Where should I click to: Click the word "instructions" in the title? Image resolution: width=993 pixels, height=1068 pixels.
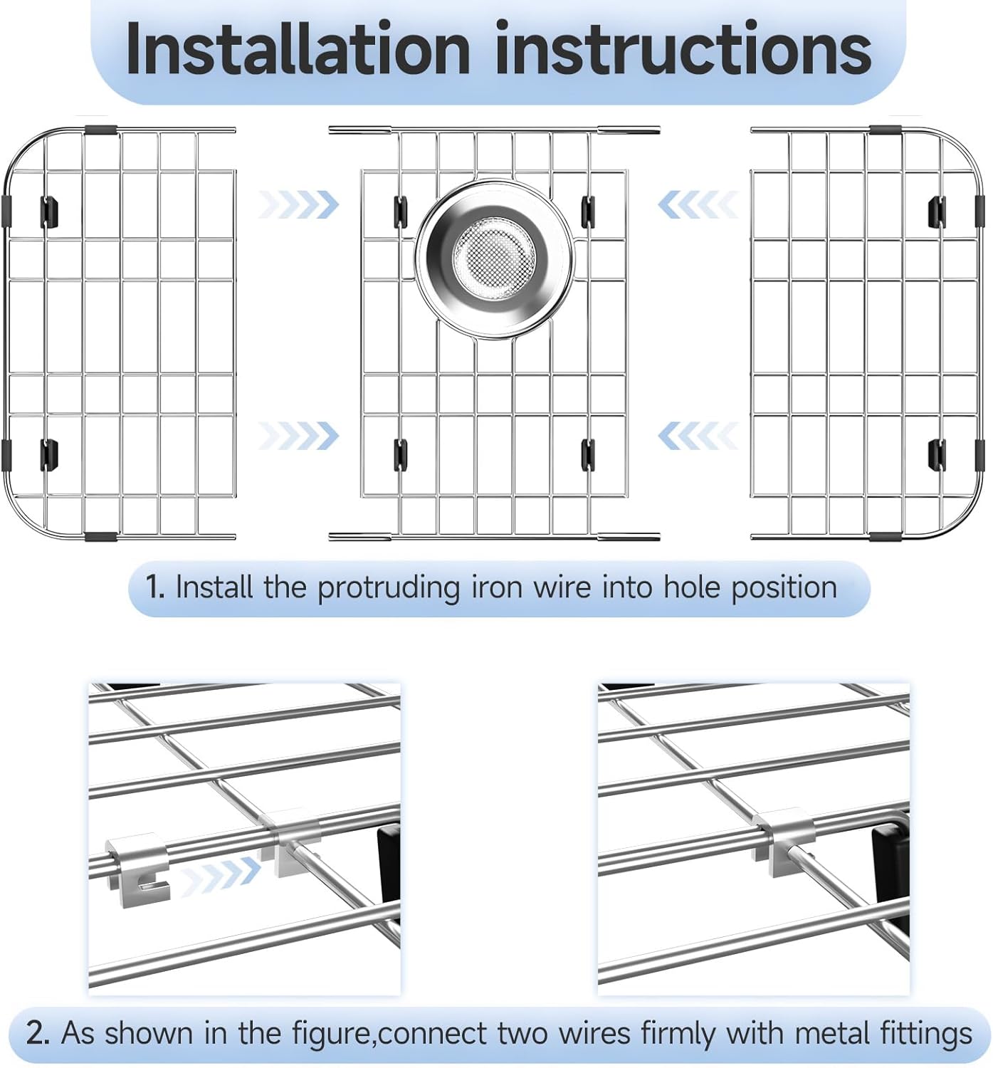tap(683, 48)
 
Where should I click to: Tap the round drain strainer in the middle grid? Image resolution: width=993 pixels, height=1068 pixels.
tap(495, 257)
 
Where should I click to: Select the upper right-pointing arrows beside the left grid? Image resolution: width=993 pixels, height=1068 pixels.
tap(298, 205)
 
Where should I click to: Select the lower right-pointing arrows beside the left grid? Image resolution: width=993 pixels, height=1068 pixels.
tap(298, 436)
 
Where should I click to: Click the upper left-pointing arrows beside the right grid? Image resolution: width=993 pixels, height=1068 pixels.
tap(697, 206)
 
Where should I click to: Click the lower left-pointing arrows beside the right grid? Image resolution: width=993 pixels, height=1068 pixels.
tap(697, 436)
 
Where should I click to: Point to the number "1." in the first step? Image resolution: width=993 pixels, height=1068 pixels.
tap(155, 587)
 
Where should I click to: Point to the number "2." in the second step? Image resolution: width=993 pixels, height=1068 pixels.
tap(38, 1032)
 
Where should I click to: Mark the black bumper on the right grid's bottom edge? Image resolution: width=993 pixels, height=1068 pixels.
tap(885, 535)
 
